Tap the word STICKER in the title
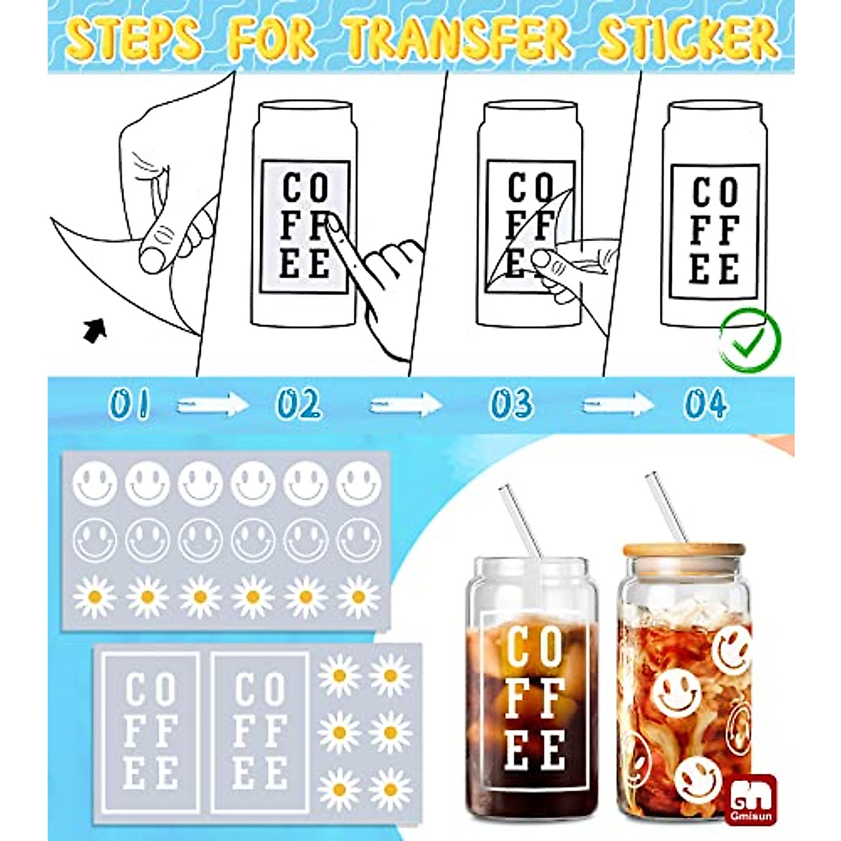pyautogui.click(x=688, y=39)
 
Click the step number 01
pyautogui.click(x=130, y=405)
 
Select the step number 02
pyautogui.click(x=298, y=405)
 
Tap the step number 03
pyautogui.click(x=511, y=405)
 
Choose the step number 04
pyautogui.click(x=706, y=405)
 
